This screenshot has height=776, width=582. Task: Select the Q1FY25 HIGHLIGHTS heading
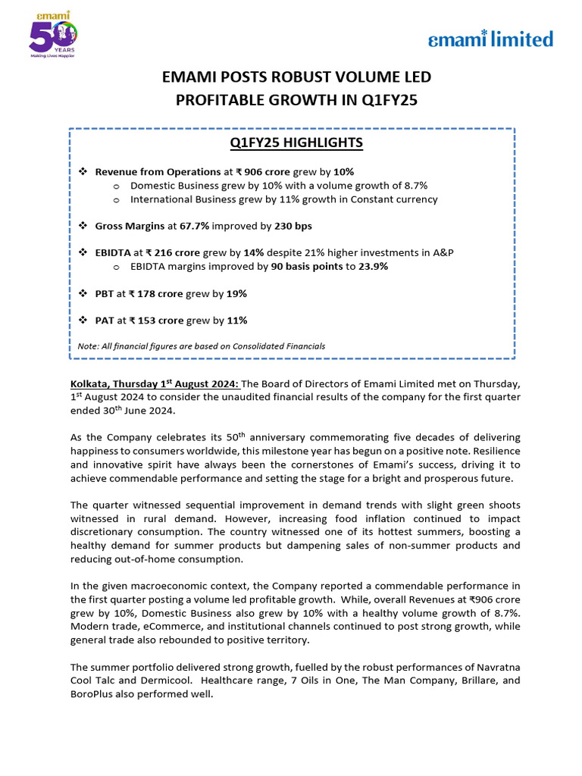click(292, 142)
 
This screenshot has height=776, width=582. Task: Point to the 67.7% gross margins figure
click(190, 226)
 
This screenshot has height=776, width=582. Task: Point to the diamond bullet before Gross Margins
click(83, 226)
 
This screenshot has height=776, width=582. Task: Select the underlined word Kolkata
click(89, 383)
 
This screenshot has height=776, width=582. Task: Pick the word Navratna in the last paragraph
click(499, 667)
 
